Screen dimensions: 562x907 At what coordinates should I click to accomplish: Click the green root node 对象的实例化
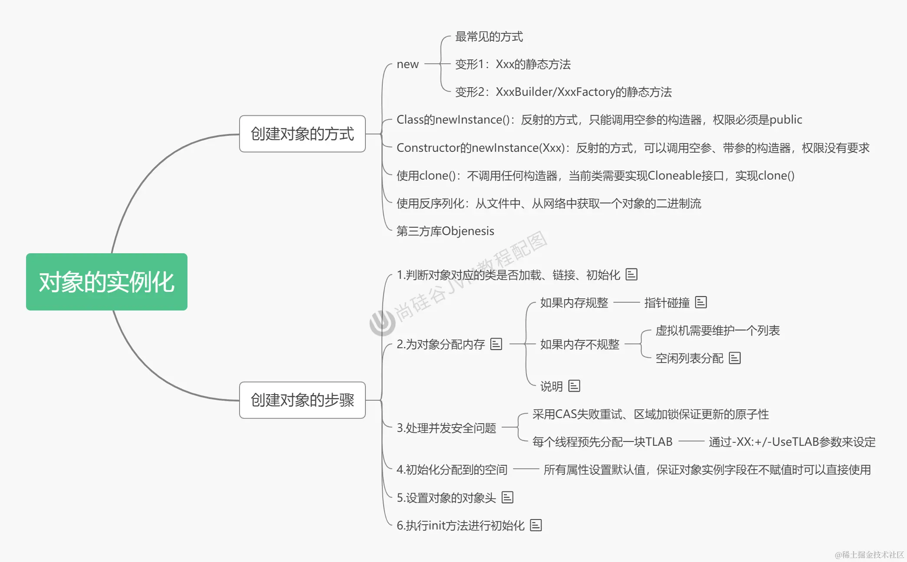(106, 282)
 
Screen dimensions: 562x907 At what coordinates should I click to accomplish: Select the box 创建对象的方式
(302, 134)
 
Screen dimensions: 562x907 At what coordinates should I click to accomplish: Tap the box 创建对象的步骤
(302, 400)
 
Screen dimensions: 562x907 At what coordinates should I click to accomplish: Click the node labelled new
(407, 64)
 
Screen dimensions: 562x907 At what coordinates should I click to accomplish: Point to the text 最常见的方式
(489, 36)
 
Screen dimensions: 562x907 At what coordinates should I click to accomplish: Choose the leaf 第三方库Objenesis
(445, 231)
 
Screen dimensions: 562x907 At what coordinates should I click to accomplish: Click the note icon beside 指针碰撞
(701, 302)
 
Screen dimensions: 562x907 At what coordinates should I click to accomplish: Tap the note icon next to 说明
(574, 386)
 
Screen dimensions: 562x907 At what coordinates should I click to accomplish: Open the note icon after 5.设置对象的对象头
(507, 497)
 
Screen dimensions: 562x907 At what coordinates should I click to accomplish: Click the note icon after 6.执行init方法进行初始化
(536, 525)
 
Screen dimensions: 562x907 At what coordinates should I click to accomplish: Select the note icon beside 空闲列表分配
(735, 358)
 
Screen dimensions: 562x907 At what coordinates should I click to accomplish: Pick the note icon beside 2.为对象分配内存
(496, 344)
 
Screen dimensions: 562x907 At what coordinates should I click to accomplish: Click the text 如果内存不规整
(579, 344)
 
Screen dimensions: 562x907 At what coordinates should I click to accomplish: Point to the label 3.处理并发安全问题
(446, 428)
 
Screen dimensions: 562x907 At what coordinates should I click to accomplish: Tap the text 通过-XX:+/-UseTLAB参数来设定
(792, 442)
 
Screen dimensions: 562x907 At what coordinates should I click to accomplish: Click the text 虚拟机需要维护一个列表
(717, 330)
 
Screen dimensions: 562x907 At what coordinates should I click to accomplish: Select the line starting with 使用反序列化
(549, 203)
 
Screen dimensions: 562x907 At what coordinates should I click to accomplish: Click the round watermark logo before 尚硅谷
(382, 322)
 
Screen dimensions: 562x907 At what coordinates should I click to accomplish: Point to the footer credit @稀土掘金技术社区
(869, 555)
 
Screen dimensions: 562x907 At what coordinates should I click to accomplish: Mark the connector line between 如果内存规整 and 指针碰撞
(626, 302)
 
